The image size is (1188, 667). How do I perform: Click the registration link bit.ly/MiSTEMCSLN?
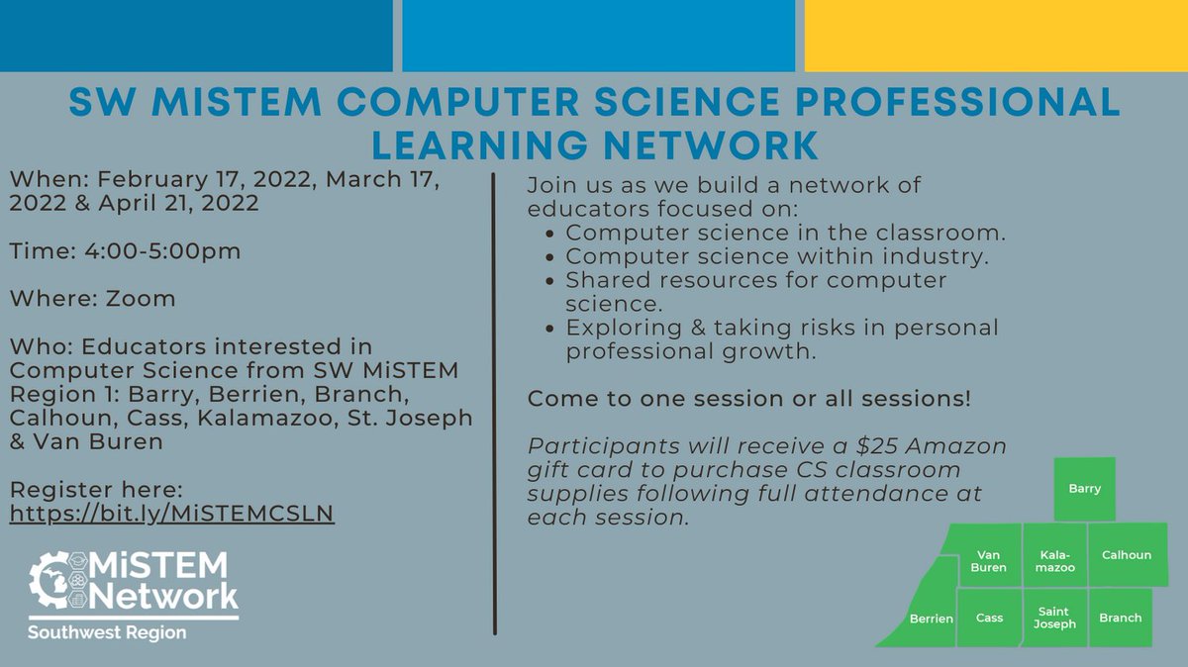pos(172,515)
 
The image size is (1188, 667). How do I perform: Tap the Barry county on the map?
pos(1084,488)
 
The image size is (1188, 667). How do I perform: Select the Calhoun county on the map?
pos(1126,555)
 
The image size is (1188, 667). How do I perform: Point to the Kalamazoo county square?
pos(1054,555)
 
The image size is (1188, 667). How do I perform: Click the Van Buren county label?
pos(990,561)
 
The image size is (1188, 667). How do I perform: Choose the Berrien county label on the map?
pos(931,619)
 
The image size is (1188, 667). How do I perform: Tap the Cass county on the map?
pos(989,618)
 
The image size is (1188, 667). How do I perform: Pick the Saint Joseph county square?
pos(1055,618)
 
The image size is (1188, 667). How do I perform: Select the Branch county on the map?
pos(1121,618)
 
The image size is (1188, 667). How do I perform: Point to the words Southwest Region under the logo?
pos(107,632)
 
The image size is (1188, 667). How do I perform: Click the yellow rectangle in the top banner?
pos(996,36)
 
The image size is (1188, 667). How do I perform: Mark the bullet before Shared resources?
pos(551,281)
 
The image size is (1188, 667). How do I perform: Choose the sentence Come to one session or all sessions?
pos(748,400)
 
